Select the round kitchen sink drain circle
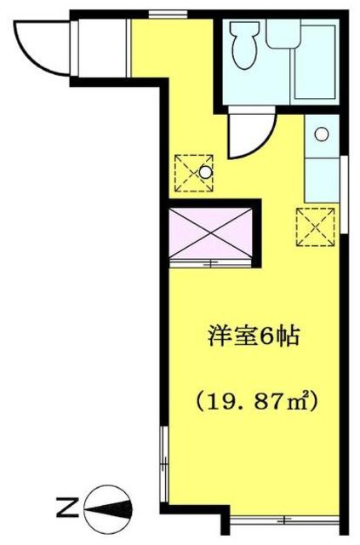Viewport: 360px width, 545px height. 320,134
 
